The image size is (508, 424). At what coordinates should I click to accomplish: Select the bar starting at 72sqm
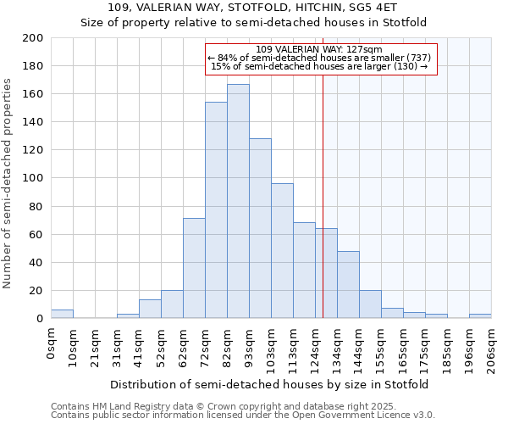click(216, 210)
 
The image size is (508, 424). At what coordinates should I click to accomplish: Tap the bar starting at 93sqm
click(260, 228)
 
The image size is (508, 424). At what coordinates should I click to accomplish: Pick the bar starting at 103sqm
click(282, 251)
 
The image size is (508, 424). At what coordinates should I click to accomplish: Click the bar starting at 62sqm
click(194, 268)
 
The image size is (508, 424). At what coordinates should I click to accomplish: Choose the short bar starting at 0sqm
click(62, 314)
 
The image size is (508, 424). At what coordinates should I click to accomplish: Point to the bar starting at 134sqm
click(348, 285)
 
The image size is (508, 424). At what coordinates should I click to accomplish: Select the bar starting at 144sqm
click(370, 304)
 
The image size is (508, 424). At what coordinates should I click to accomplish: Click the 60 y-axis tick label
click(36, 234)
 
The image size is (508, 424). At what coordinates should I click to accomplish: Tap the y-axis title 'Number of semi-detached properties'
click(8, 183)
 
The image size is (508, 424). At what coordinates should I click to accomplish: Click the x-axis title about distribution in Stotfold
click(270, 384)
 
